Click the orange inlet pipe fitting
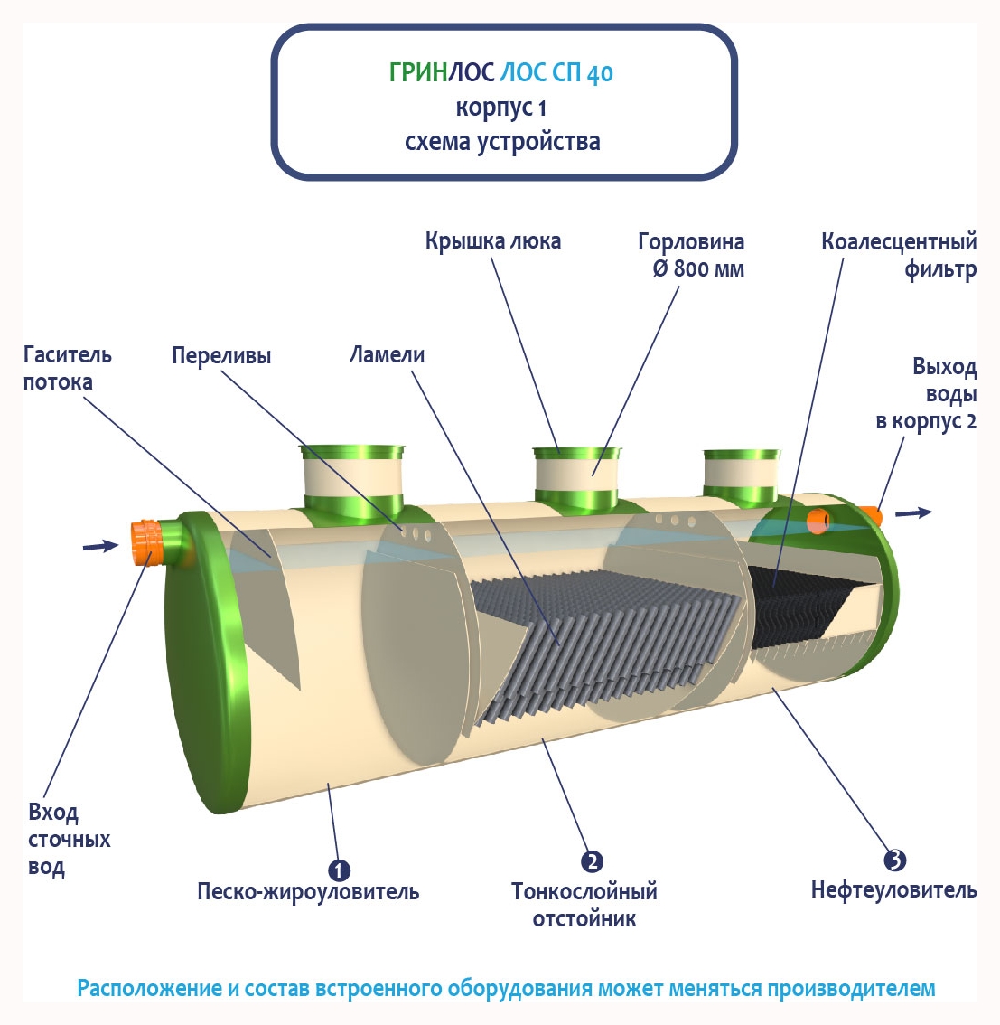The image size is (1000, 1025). coord(145,540)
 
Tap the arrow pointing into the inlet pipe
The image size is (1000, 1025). coord(100,545)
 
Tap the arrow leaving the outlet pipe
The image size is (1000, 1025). coord(913,512)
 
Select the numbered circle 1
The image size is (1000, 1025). coord(339,870)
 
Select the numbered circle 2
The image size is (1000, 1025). coord(592,861)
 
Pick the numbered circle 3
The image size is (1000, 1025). coord(894,860)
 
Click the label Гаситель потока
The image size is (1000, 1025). coord(68,368)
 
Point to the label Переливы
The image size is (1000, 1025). coord(221,355)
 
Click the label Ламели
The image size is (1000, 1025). coord(387,354)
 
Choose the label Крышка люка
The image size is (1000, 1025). coord(493,241)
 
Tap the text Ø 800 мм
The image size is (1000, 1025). coord(698,268)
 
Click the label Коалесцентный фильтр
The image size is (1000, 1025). coord(899,255)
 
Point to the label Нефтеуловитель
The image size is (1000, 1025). coord(893,889)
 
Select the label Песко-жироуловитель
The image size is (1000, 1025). coord(308,891)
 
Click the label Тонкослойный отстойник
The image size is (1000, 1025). coord(584,905)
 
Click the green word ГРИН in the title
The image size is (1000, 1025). coord(418,72)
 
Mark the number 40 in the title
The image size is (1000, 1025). coord(600,73)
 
